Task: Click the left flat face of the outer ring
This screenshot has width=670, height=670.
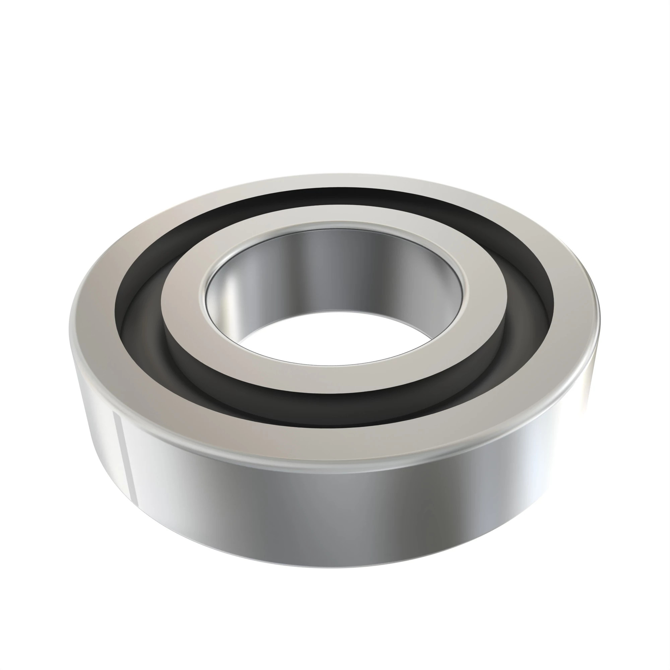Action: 94,312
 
